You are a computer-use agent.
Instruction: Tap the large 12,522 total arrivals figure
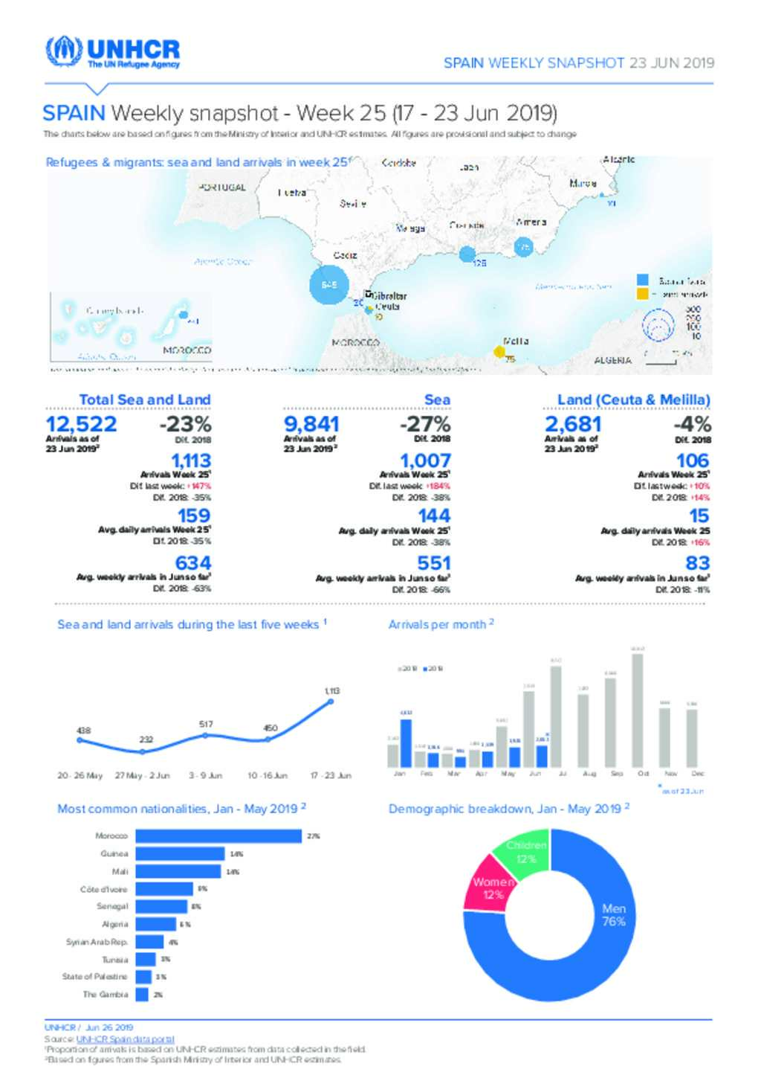81,424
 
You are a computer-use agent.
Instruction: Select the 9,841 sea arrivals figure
311,424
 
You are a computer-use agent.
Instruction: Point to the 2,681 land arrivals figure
573,424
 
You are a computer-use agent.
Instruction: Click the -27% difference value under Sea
425,424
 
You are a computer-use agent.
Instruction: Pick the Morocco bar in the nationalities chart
218,836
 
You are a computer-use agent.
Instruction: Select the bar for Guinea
180,853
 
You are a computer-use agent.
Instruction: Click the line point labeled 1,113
331,702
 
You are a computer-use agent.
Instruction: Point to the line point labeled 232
142,751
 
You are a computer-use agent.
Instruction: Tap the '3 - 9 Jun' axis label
205,775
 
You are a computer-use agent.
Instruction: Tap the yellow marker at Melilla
499,351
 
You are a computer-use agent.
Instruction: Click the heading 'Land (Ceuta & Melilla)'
633,400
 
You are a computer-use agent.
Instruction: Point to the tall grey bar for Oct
637,710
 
